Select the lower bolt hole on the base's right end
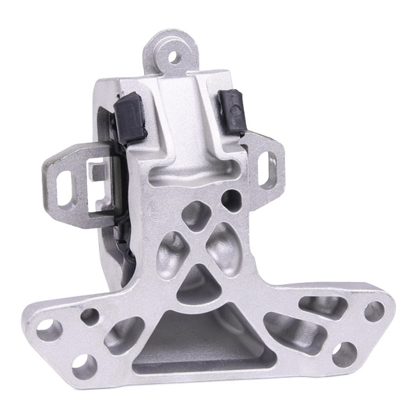[341, 355]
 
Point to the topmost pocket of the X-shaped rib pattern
[198, 210]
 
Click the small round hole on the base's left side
[91, 317]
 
